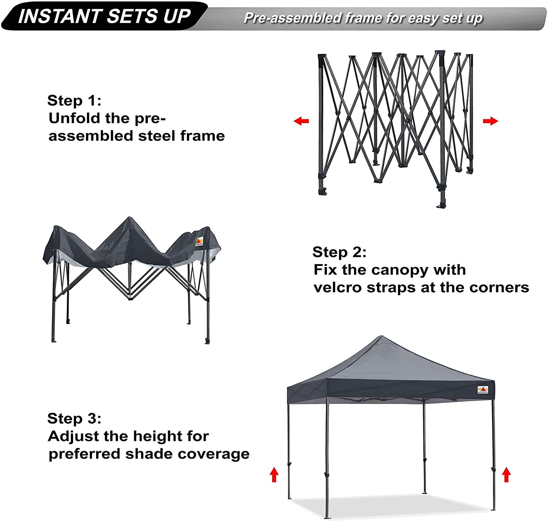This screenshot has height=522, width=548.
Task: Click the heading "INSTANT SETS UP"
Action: pyautogui.click(x=104, y=16)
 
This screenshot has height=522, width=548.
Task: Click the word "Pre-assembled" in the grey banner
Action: pyautogui.click(x=293, y=18)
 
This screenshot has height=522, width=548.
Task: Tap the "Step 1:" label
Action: pyautogui.click(x=74, y=100)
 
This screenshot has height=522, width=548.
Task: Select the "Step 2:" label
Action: pyautogui.click(x=339, y=252)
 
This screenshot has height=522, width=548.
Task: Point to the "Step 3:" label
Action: pyautogui.click(x=74, y=418)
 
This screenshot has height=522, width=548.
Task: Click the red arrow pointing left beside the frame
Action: pyautogui.click(x=301, y=121)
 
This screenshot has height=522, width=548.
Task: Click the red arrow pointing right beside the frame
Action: pyautogui.click(x=490, y=121)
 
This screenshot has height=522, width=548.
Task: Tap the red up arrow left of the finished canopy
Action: pyautogui.click(x=274, y=475)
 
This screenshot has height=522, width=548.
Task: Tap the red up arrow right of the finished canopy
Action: pyautogui.click(x=506, y=475)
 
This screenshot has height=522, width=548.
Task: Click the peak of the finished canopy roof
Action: pyautogui.click(x=382, y=336)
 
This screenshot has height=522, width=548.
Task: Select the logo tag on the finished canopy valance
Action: pyautogui.click(x=483, y=390)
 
